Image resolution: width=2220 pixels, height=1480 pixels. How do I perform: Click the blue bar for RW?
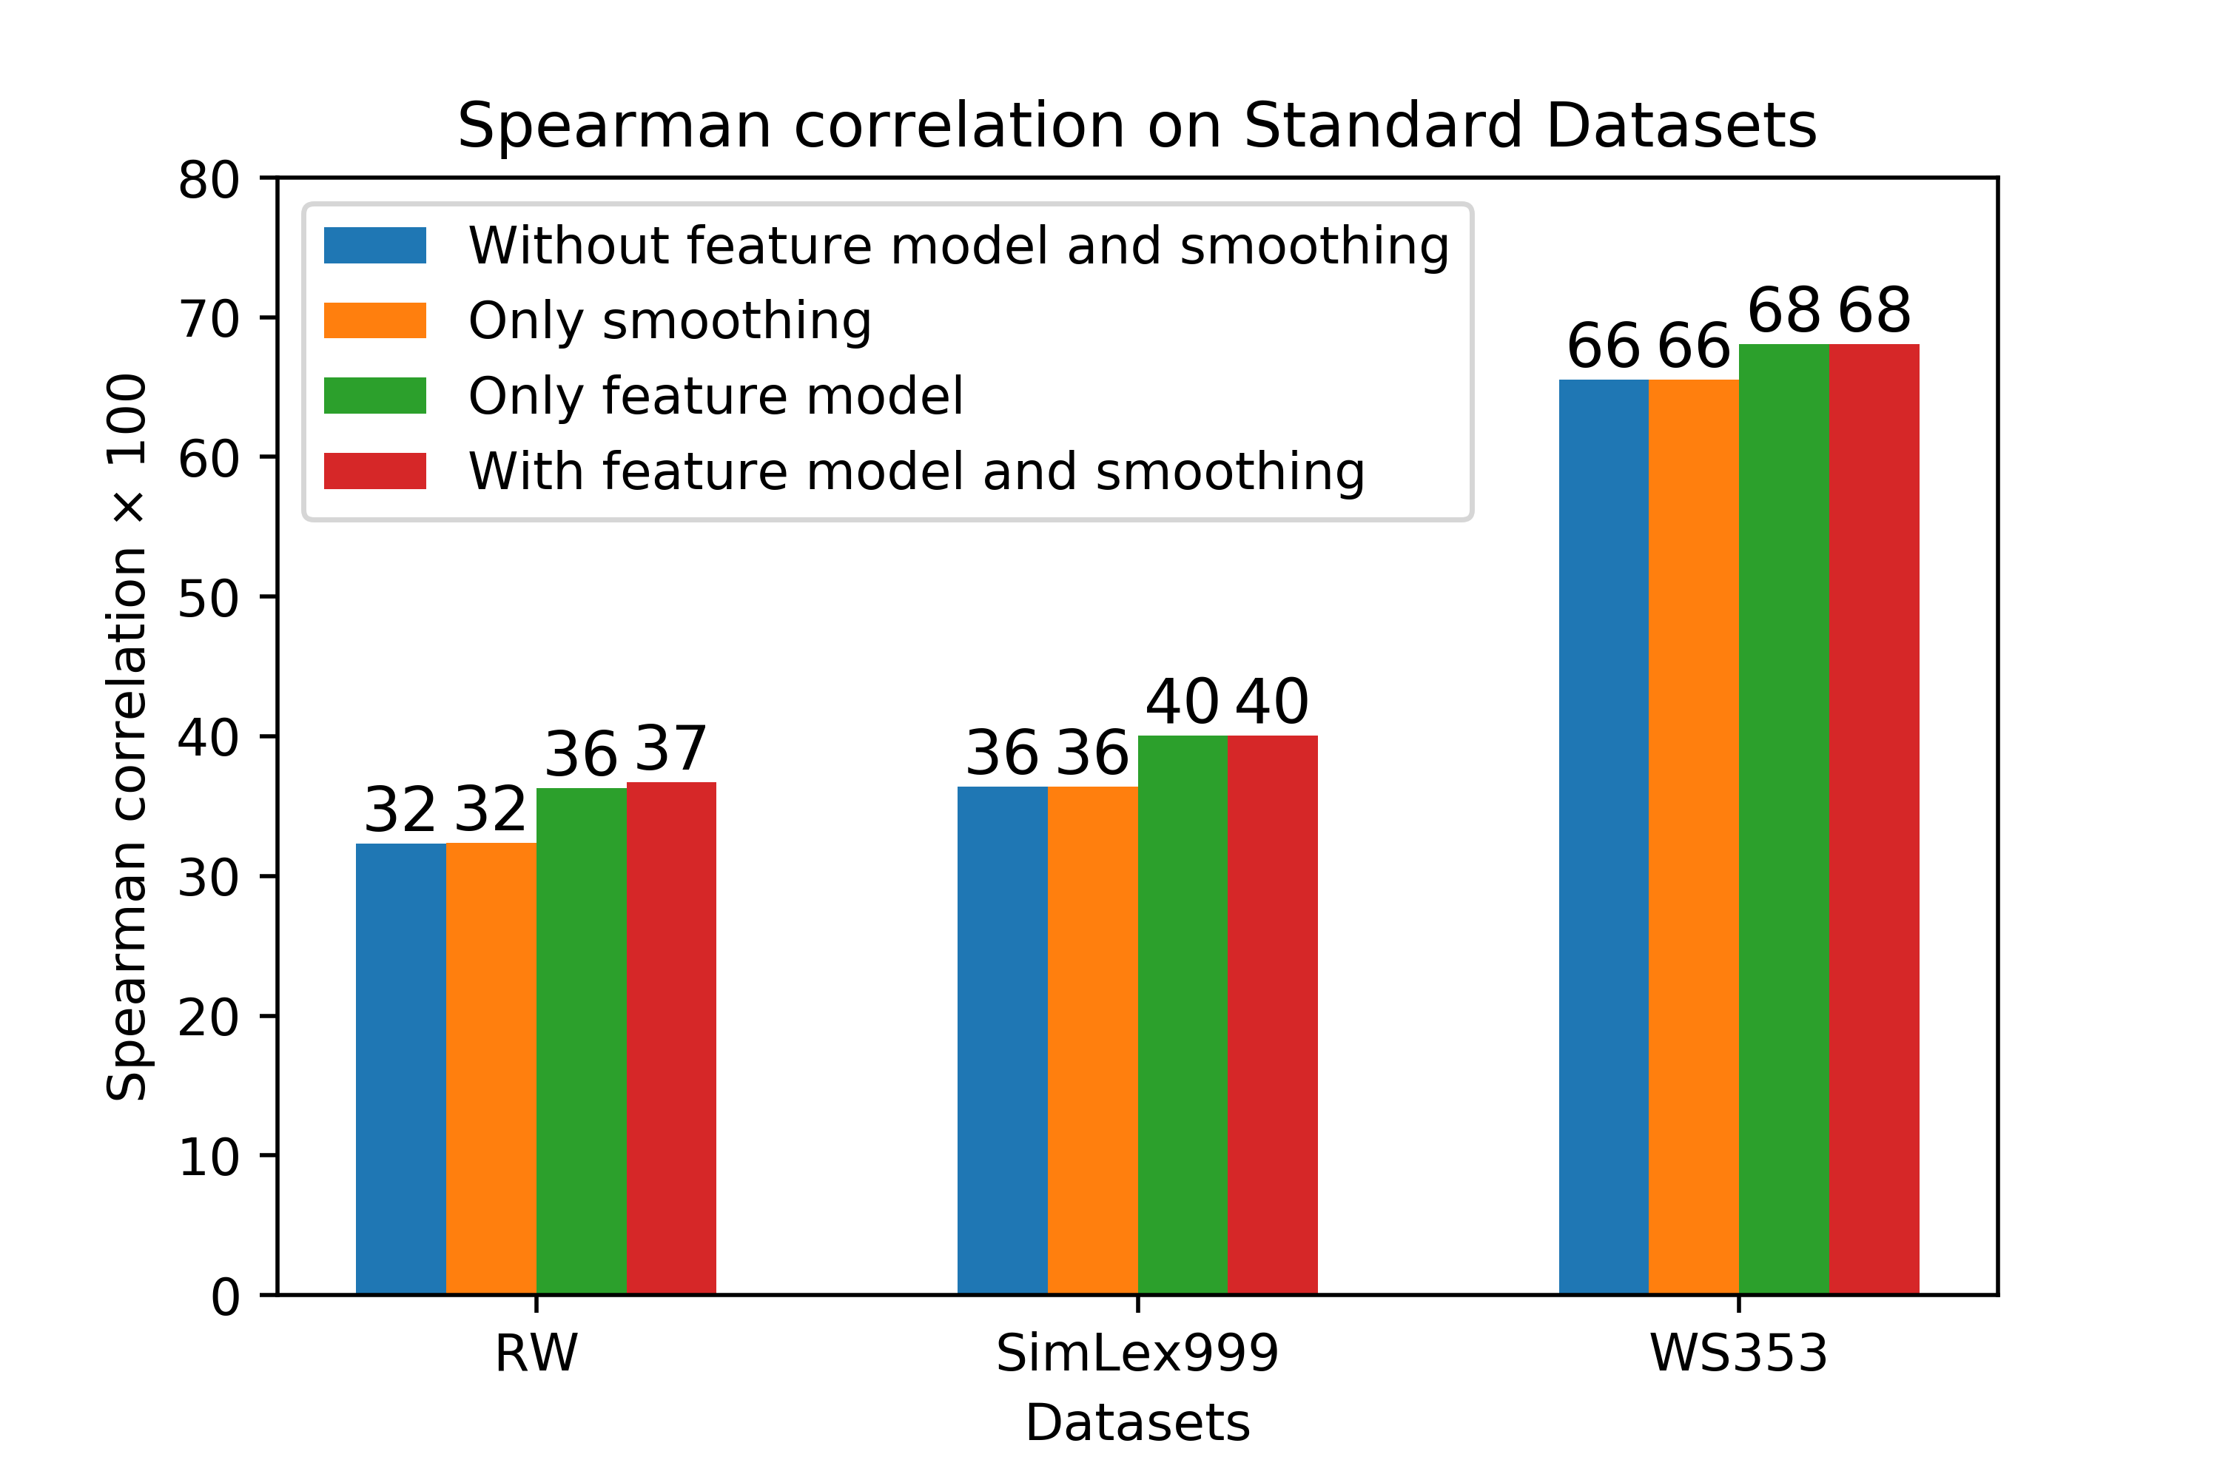pos(401,1069)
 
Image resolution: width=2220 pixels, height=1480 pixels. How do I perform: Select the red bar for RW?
pos(671,1038)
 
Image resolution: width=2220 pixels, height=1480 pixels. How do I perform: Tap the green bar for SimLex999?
pos(1183,1015)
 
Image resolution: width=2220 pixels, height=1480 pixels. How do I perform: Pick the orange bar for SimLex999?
pos(1093,1040)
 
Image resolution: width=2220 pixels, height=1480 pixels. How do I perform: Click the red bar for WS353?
pos(1874,819)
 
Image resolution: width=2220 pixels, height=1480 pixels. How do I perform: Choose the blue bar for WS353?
pos(1604,837)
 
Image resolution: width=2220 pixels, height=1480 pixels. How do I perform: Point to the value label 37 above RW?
pos(670,750)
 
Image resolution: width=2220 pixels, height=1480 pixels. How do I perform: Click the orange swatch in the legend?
pos(374,320)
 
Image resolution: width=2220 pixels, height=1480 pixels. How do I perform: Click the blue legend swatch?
pos(374,246)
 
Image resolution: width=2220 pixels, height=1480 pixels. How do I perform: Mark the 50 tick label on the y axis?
pos(209,597)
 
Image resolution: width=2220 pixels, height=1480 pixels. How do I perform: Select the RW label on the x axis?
pos(536,1353)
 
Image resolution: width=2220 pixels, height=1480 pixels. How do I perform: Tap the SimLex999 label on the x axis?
pos(1137,1353)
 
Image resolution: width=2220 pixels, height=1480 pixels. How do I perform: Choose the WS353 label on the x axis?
pos(1738,1353)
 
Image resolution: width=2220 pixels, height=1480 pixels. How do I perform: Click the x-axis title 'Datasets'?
pos(1137,1423)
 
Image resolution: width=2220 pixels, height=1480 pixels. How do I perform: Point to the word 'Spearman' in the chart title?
pos(614,127)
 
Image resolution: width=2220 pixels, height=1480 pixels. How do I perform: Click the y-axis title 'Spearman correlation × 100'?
pos(127,737)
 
